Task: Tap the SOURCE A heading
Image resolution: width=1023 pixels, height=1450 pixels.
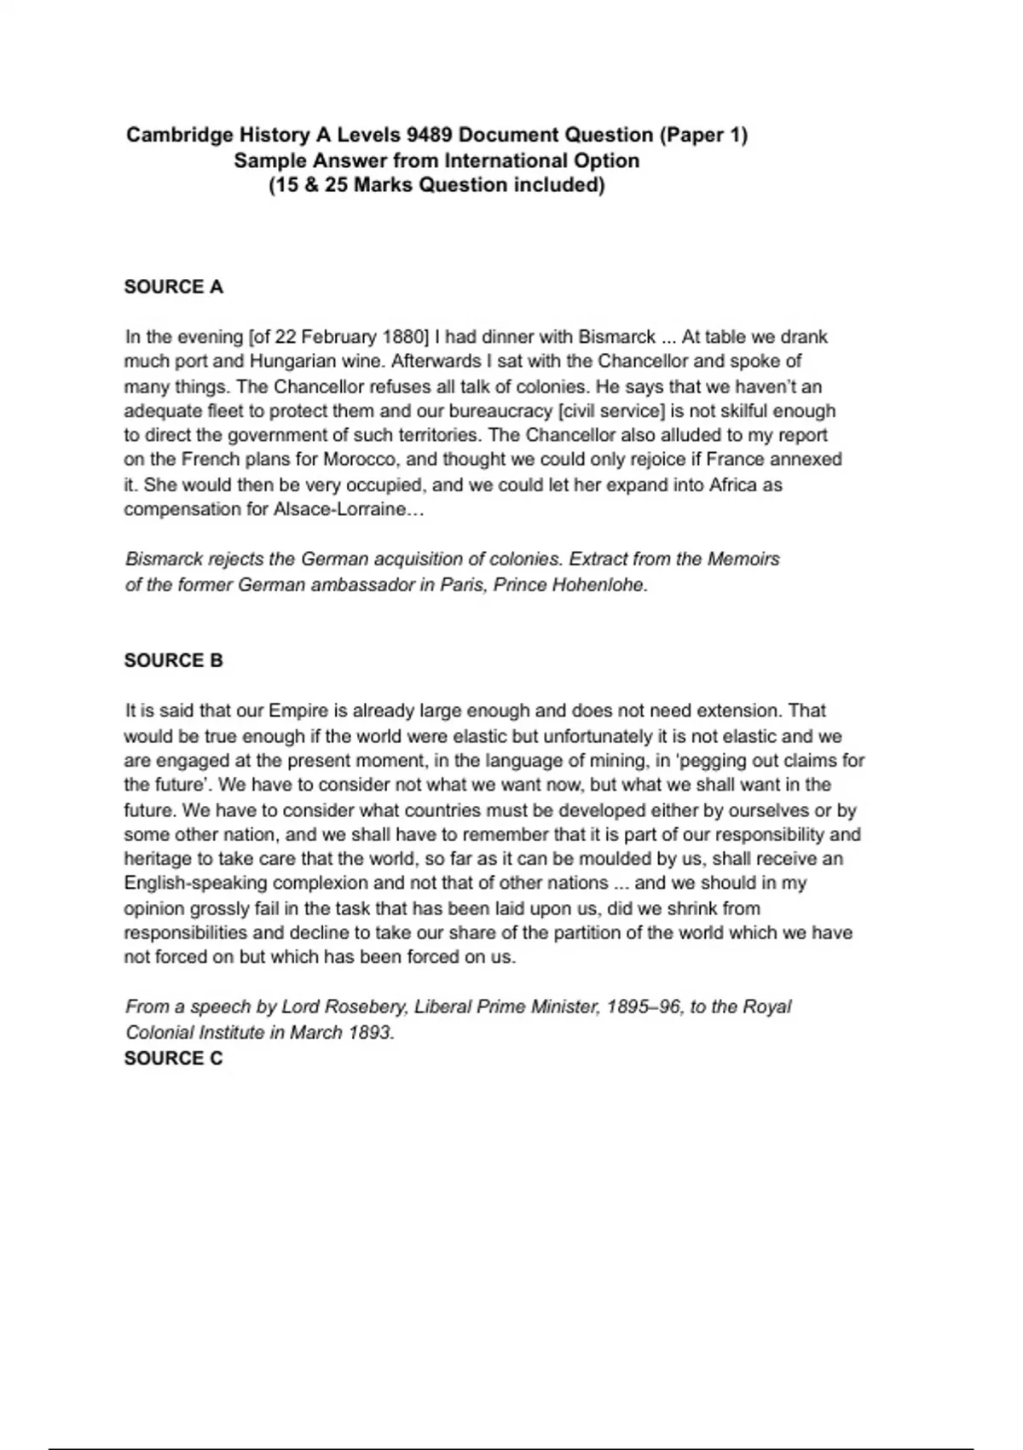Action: (174, 287)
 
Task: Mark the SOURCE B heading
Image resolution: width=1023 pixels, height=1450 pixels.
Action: (174, 660)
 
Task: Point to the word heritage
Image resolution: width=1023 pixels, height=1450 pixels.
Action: (156, 859)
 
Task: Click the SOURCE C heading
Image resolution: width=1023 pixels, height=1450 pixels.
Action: (174, 1058)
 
